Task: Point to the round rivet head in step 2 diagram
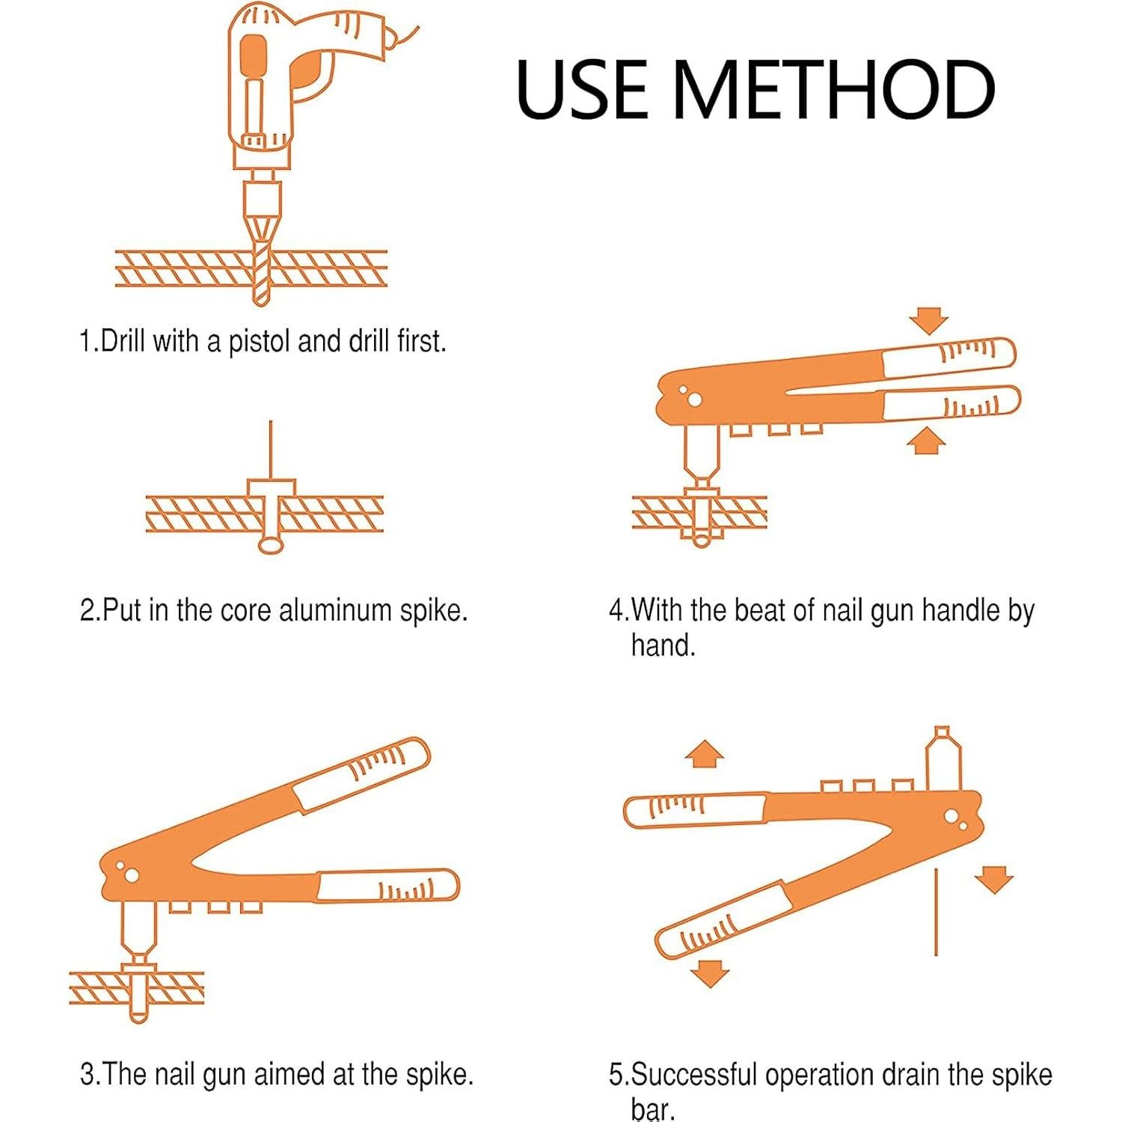tap(270, 545)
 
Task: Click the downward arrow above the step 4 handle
tap(930, 321)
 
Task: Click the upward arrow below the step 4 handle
tap(926, 441)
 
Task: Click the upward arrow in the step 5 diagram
tap(705, 754)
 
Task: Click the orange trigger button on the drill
tap(254, 58)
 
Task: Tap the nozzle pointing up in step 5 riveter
tap(942, 758)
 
